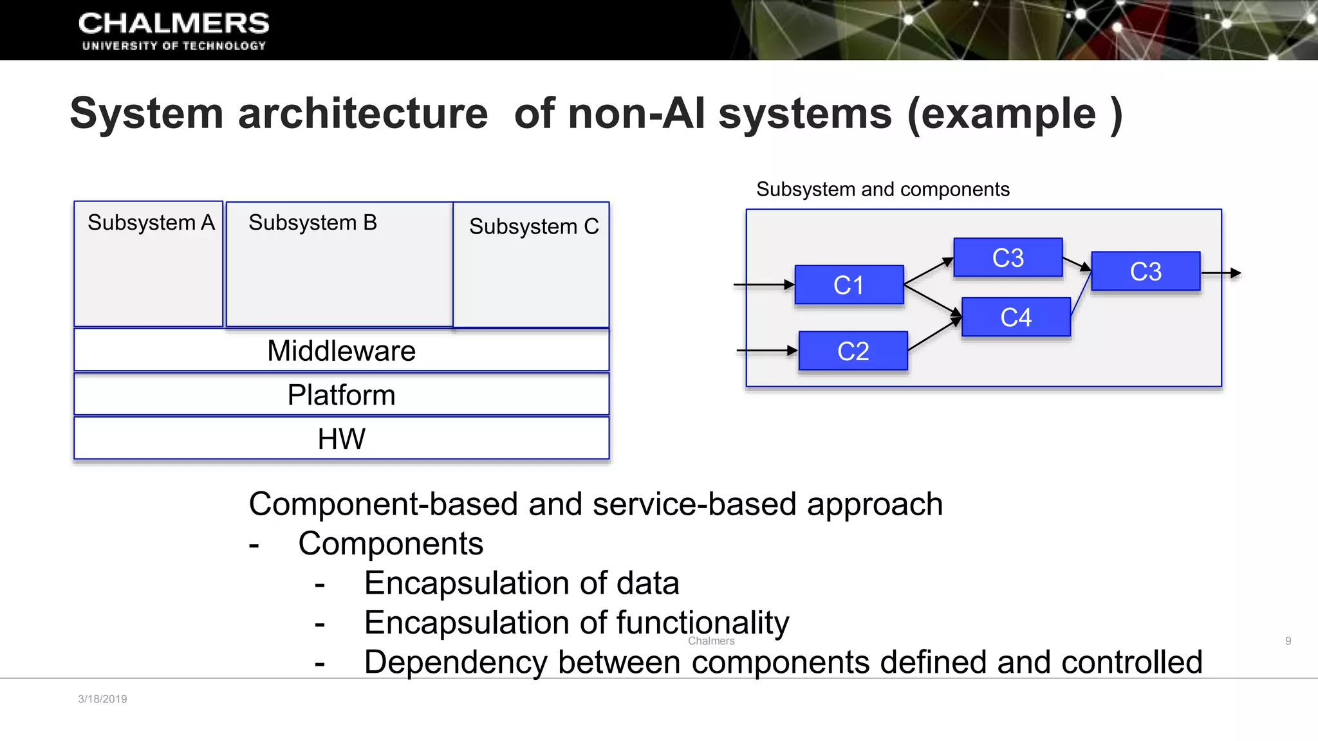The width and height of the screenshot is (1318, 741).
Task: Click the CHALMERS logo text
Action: coord(174,24)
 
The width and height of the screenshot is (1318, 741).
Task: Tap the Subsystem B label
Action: coord(313,223)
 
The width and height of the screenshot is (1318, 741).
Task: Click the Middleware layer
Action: coord(341,351)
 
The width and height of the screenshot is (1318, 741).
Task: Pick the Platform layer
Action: coord(341,395)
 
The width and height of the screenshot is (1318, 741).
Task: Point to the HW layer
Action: coord(341,439)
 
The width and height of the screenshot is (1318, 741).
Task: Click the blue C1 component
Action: coord(849,285)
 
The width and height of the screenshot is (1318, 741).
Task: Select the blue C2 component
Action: coord(853,351)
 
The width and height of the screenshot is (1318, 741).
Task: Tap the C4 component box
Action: coord(1016,317)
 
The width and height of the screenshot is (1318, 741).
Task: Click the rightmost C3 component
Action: coord(1146,271)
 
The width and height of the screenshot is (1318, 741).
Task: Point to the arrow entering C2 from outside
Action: coord(766,351)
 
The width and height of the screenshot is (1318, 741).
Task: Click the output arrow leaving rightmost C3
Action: coord(1221,273)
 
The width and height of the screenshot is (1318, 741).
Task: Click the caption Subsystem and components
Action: coord(882,190)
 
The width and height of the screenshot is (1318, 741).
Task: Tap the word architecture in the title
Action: coord(363,114)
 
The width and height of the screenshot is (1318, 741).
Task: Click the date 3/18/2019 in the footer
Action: coord(102,699)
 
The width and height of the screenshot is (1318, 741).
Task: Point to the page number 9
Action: coord(1288,641)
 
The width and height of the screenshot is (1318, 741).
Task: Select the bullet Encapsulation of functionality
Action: coord(576,623)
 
